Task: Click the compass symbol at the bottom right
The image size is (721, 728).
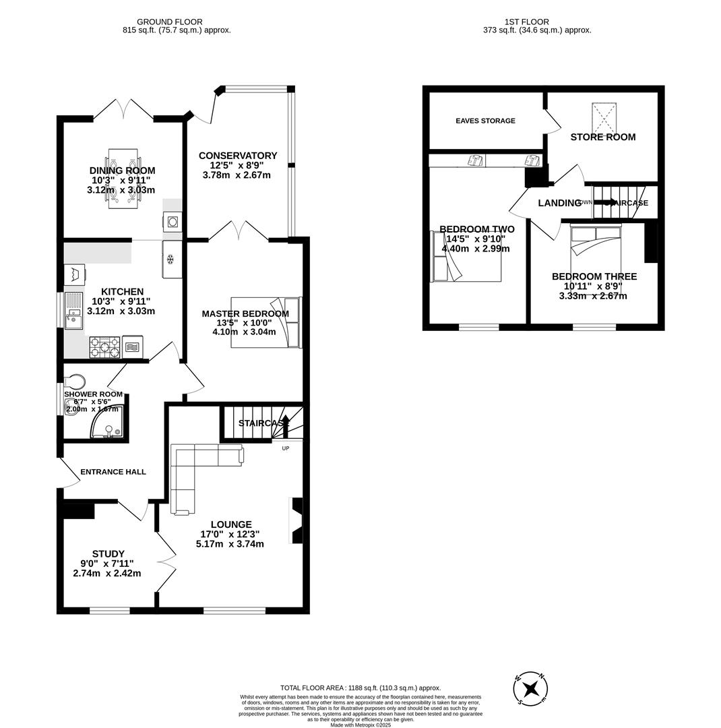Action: pyautogui.click(x=530, y=689)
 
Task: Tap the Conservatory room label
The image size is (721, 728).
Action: pyautogui.click(x=238, y=156)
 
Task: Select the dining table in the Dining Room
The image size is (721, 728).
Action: pyautogui.click(x=123, y=178)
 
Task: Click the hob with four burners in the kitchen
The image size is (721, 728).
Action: pyautogui.click(x=104, y=347)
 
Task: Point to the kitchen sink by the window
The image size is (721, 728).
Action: pyautogui.click(x=73, y=311)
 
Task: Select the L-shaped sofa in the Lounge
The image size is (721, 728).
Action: pyautogui.click(x=195, y=472)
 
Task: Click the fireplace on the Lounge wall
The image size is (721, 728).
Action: pyautogui.click(x=296, y=520)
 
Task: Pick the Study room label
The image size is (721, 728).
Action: pyautogui.click(x=108, y=554)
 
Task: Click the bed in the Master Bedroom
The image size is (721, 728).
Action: pyautogui.click(x=265, y=322)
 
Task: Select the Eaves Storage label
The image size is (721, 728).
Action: pyautogui.click(x=485, y=121)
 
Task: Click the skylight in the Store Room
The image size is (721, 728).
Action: pyautogui.click(x=604, y=119)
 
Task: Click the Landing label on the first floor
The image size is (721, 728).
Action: pyautogui.click(x=559, y=203)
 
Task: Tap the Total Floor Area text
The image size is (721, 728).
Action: pyautogui.click(x=360, y=688)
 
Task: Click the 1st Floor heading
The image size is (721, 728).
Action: pyautogui.click(x=526, y=22)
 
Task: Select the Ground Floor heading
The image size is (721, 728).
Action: pyautogui.click(x=169, y=22)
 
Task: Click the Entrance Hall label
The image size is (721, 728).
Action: pyautogui.click(x=113, y=472)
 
